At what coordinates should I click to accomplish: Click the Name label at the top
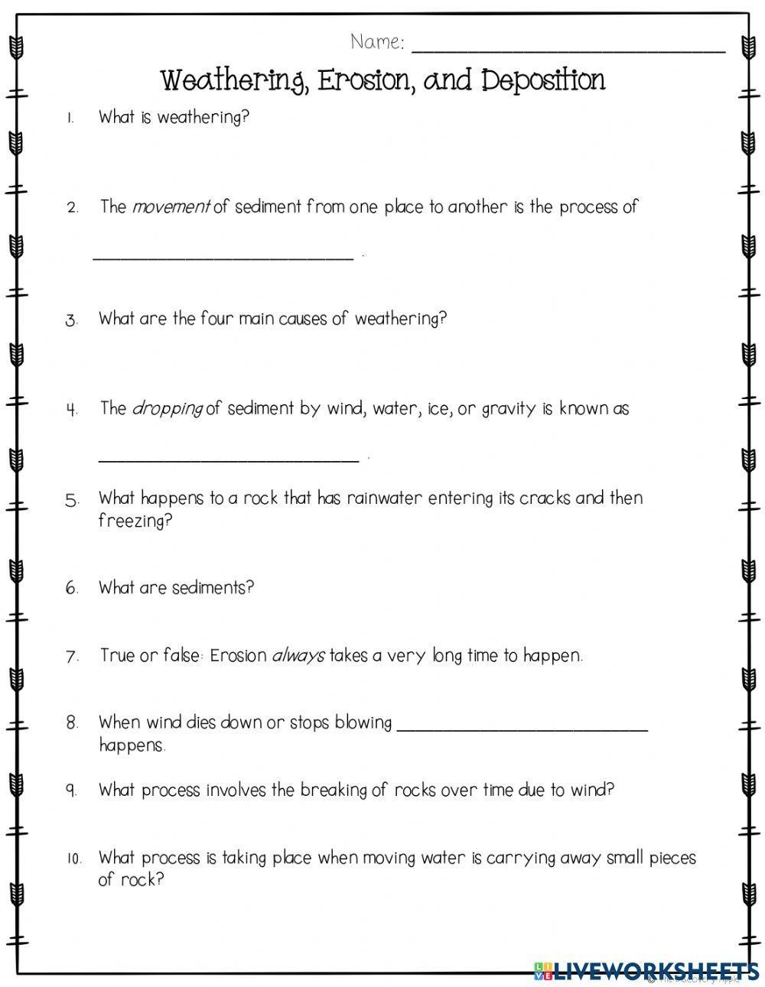(x=377, y=43)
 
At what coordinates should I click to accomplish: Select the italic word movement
(x=171, y=207)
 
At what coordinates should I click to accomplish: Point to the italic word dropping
(x=168, y=408)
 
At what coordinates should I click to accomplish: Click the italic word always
(x=298, y=655)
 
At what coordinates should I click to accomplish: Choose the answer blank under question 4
(x=229, y=459)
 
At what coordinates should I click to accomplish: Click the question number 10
(x=73, y=859)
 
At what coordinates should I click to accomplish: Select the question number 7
(x=73, y=657)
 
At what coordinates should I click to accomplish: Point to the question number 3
(x=72, y=320)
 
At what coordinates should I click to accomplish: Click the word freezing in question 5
(x=135, y=521)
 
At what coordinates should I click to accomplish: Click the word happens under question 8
(x=132, y=745)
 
